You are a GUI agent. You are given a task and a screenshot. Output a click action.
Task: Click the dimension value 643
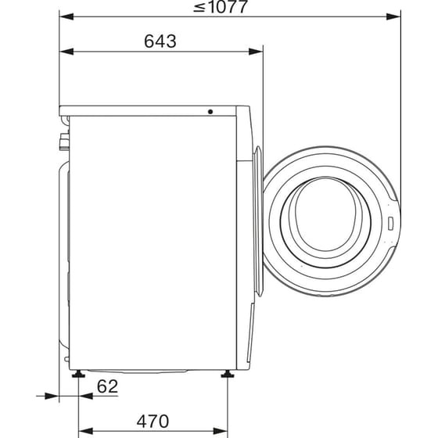(x=160, y=41)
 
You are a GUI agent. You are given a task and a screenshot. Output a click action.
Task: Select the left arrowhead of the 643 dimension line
(x=66, y=52)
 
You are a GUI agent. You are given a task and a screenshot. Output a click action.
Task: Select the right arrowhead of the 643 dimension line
(x=257, y=52)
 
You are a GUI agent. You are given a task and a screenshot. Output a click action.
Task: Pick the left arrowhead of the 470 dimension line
(x=84, y=429)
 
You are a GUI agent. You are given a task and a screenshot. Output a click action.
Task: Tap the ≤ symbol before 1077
(x=199, y=9)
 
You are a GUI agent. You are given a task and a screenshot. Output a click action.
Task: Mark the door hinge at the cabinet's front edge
(x=260, y=156)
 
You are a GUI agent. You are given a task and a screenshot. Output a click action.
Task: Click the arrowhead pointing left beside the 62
(x=84, y=397)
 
